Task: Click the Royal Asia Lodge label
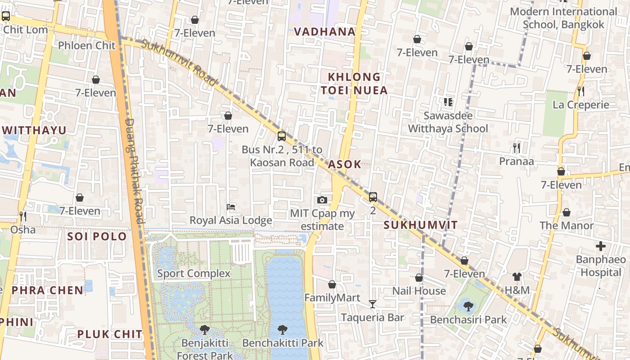pyautogui.click(x=230, y=220)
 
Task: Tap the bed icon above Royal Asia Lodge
pyautogui.click(x=231, y=207)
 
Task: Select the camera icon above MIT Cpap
pyautogui.click(x=322, y=200)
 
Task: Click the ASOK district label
pyautogui.click(x=344, y=164)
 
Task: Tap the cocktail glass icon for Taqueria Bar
pyautogui.click(x=372, y=304)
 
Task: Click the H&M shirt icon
pyautogui.click(x=517, y=277)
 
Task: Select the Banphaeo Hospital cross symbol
pyautogui.click(x=601, y=246)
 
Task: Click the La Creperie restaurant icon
pyautogui.click(x=581, y=91)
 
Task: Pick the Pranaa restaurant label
pyautogui.click(x=517, y=161)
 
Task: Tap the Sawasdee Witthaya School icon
pyautogui.click(x=448, y=102)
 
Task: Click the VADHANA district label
pyautogui.click(x=324, y=32)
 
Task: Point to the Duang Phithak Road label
pyautogui.click(x=134, y=171)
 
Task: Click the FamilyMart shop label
pyautogui.click(x=332, y=297)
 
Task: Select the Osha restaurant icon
pyautogui.click(x=22, y=216)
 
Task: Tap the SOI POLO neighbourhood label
pyautogui.click(x=97, y=236)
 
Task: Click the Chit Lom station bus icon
pyautogui.click(x=6, y=17)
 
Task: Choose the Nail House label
pyautogui.click(x=419, y=291)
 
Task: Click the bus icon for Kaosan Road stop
pyautogui.click(x=282, y=136)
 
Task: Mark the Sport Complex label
pyautogui.click(x=193, y=273)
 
